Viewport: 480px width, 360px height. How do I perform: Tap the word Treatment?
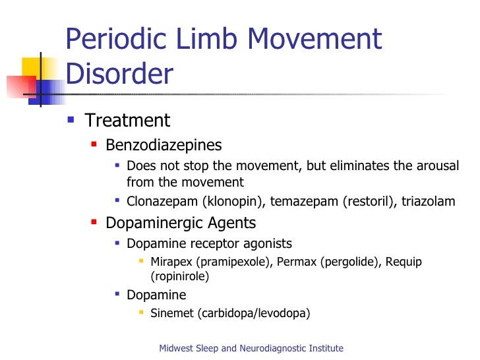click(128, 121)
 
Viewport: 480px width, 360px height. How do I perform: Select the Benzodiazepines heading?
click(164, 144)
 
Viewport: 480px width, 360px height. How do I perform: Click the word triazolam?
click(429, 201)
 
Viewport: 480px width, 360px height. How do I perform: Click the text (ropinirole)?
click(179, 276)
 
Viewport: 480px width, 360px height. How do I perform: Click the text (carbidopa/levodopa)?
click(254, 313)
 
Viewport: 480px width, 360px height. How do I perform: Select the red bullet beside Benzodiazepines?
click(94, 144)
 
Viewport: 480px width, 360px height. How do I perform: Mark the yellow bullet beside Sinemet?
click(140, 313)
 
